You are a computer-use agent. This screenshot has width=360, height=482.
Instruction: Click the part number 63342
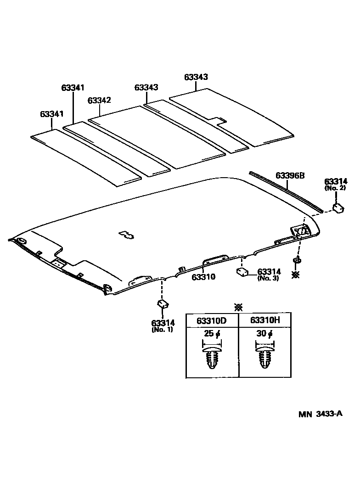[99, 100]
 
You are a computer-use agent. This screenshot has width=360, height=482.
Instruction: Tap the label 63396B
[290, 175]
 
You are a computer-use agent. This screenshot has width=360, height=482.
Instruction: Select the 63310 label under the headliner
[203, 277]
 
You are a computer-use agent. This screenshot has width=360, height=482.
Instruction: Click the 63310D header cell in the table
[212, 320]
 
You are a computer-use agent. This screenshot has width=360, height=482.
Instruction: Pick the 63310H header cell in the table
[265, 320]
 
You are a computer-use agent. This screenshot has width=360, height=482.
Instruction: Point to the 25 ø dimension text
[212, 334]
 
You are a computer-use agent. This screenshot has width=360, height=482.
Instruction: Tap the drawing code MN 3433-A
[321, 414]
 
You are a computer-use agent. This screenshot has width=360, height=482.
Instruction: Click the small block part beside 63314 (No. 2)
[339, 207]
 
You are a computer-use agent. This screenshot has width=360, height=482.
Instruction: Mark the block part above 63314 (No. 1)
[163, 303]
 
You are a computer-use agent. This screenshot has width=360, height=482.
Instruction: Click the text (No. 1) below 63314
[162, 330]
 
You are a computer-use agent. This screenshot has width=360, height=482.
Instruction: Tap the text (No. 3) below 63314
[268, 278]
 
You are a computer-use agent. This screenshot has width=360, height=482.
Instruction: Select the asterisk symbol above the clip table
[238, 307]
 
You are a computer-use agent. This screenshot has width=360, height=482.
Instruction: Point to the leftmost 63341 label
[51, 113]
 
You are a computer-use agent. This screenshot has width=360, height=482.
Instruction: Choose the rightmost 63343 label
[197, 78]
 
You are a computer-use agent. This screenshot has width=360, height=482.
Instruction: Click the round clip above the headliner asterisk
[297, 261]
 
